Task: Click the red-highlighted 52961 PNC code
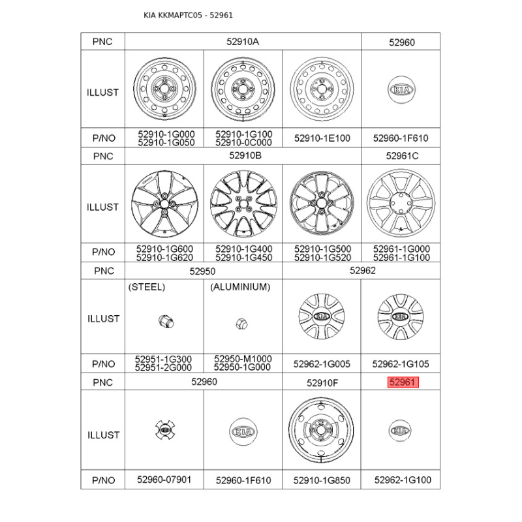coord(403,382)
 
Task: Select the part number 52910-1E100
coord(322,138)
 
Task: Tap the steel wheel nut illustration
coord(166,322)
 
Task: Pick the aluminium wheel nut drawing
coord(241,323)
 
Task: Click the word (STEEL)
coord(147,287)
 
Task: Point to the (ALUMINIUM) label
coord(240,287)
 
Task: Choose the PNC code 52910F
coord(322,383)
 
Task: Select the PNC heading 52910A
coord(243,42)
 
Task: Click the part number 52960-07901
coord(164,480)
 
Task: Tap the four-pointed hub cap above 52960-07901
coord(165,430)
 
